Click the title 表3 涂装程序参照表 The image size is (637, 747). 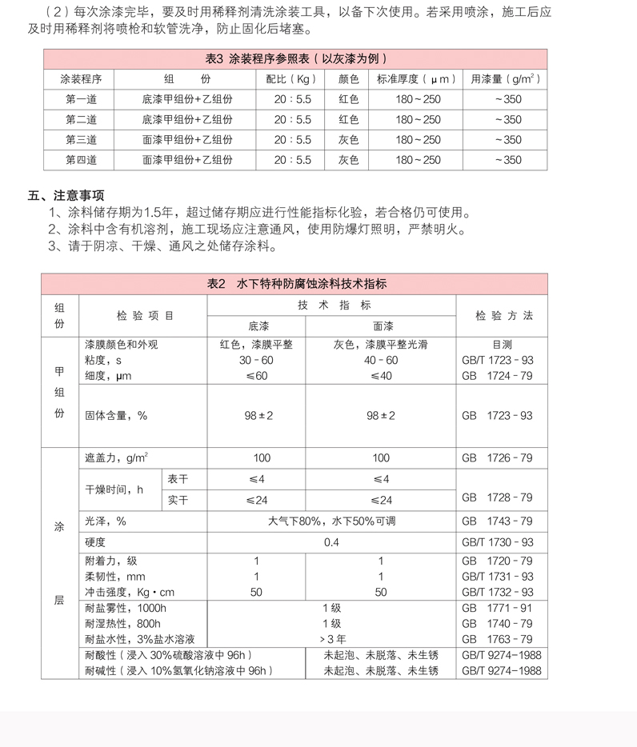point(296,59)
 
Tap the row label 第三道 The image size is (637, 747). point(81,140)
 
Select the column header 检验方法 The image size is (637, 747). point(503,316)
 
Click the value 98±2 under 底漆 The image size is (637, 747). point(257,416)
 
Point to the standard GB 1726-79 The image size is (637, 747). point(497,458)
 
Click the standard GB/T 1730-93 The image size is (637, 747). point(497,542)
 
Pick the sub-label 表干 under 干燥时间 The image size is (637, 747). point(176,479)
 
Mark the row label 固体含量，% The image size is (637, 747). point(116,416)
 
